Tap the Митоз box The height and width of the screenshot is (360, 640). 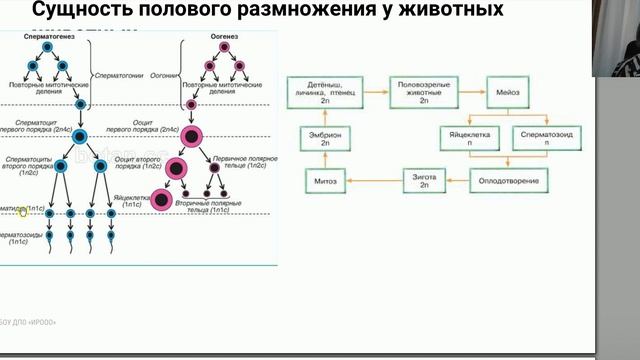[326, 181]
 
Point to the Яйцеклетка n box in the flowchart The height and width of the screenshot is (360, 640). [469, 137]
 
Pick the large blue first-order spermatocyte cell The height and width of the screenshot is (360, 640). [79, 136]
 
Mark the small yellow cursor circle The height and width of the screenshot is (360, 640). [23, 211]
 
